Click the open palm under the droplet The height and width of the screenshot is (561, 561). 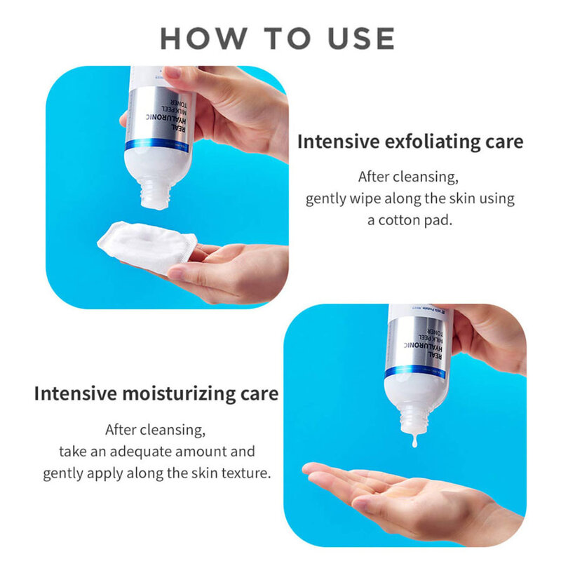point(393,491)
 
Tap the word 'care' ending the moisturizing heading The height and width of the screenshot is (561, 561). point(260,393)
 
